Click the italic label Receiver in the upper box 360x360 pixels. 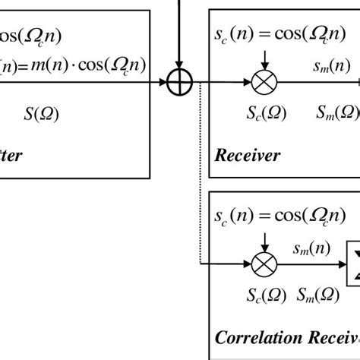pos(248,156)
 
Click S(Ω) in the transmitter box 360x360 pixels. pos(42,114)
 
